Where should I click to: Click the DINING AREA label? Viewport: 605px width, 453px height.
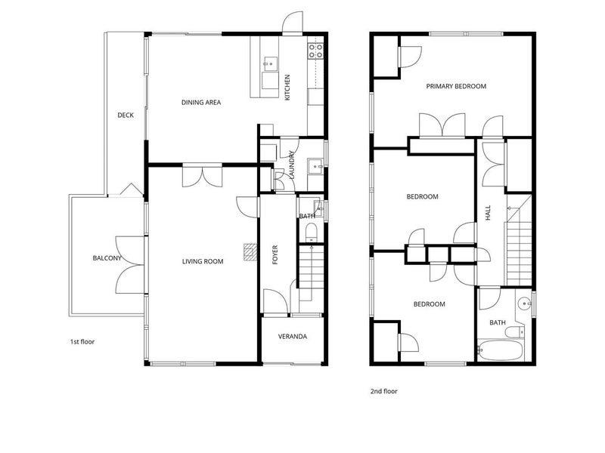pyautogui.click(x=201, y=103)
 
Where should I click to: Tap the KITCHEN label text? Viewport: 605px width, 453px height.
pyautogui.click(x=287, y=88)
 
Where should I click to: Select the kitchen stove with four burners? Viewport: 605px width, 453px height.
pyautogui.click(x=315, y=51)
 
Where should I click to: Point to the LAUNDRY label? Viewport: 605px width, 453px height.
pyautogui.click(x=292, y=165)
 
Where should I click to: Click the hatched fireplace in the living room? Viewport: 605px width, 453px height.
pyautogui.click(x=250, y=252)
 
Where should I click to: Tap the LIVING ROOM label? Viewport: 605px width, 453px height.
pyautogui.click(x=203, y=261)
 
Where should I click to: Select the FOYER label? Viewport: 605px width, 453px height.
pyautogui.click(x=275, y=254)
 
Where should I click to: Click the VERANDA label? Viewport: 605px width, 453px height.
pyautogui.click(x=293, y=337)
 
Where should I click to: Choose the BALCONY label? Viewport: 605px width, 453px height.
pyautogui.click(x=107, y=258)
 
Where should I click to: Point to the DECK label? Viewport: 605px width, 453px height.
pyautogui.click(x=126, y=116)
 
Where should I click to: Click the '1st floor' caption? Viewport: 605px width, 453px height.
pyautogui.click(x=82, y=342)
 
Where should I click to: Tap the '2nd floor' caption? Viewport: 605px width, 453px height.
pyautogui.click(x=384, y=391)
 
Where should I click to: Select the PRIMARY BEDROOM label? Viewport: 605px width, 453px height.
pyautogui.click(x=456, y=86)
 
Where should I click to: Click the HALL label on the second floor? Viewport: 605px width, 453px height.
pyautogui.click(x=488, y=213)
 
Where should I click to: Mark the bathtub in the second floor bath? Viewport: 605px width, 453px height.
pyautogui.click(x=500, y=350)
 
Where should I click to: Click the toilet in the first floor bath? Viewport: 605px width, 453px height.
pyautogui.click(x=311, y=233)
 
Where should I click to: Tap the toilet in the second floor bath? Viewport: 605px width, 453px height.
pyautogui.click(x=515, y=331)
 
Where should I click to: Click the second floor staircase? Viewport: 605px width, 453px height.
pyautogui.click(x=519, y=240)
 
